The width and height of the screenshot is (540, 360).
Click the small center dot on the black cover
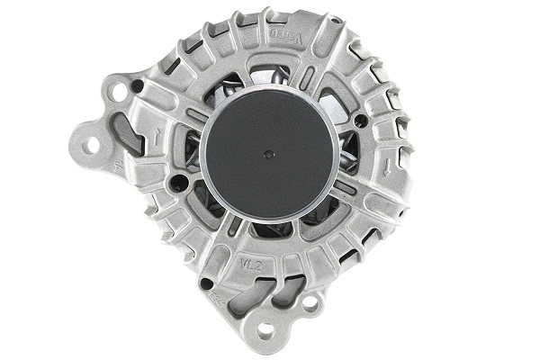pyautogui.click(x=269, y=154)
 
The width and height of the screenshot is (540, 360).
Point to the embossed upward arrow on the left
pyautogui.click(x=158, y=135)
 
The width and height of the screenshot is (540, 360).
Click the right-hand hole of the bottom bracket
pyautogui.click(x=309, y=304)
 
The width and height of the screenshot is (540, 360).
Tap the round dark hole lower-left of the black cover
pyautogui.click(x=178, y=184)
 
